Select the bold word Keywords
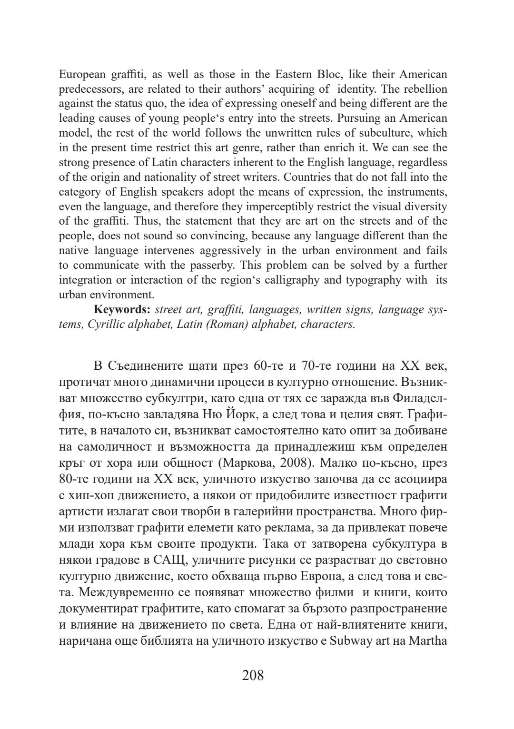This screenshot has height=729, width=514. pos(122,310)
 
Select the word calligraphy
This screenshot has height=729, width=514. pos(297,280)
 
